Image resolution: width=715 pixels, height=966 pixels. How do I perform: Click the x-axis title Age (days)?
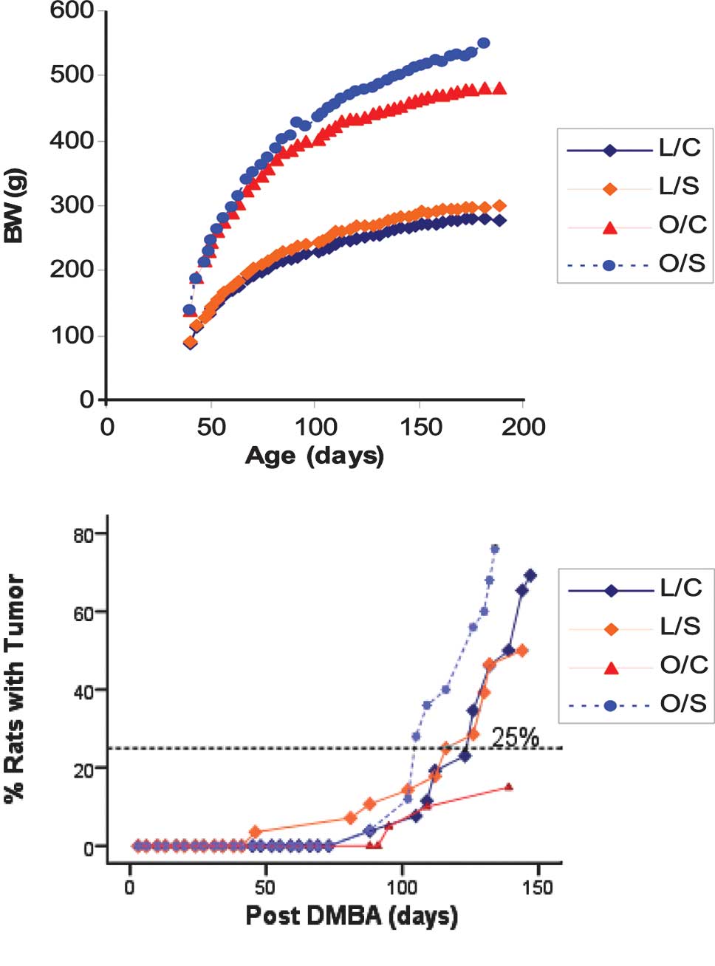click(315, 455)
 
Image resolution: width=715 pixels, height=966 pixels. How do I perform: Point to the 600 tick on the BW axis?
click(72, 10)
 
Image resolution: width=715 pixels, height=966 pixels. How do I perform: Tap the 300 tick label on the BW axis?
click(72, 205)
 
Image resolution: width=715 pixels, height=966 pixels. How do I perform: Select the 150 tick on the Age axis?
click(420, 427)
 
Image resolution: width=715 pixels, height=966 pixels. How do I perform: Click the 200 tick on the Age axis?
click(524, 427)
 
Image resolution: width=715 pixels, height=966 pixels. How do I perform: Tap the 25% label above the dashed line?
click(515, 737)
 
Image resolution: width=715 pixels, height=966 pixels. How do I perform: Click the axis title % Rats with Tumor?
click(15, 688)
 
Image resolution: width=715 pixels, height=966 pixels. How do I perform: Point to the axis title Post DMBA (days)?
click(352, 916)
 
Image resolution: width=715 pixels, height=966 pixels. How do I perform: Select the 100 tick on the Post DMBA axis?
click(403, 886)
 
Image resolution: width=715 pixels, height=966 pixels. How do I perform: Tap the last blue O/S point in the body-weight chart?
click(484, 43)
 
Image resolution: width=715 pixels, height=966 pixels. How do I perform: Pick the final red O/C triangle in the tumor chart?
click(508, 787)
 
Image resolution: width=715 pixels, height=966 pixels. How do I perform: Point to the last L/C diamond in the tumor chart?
click(530, 575)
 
